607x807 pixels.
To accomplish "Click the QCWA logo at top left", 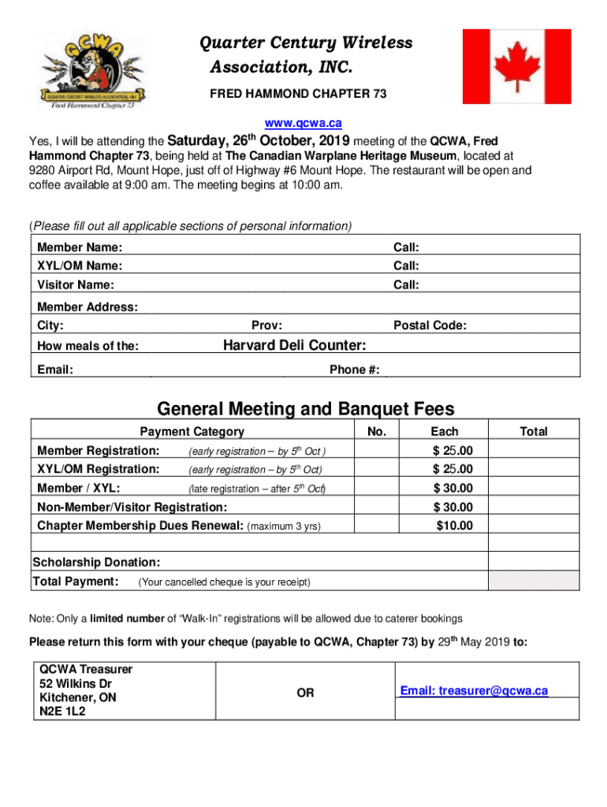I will [x=91, y=69].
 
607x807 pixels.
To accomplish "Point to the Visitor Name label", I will [x=76, y=284].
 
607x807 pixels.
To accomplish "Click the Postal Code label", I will [x=430, y=325].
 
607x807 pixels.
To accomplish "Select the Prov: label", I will [x=267, y=325].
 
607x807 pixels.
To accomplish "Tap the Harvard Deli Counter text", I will [x=294, y=345].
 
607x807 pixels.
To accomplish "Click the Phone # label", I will [x=354, y=370].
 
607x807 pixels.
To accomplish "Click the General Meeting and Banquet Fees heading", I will [x=306, y=409].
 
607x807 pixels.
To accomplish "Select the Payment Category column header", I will [x=192, y=431].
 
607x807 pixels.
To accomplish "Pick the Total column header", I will [x=533, y=431].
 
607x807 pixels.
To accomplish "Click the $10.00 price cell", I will [x=454, y=526].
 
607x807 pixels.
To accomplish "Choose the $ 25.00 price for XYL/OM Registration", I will [x=452, y=469].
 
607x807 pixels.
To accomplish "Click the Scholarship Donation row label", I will [x=97, y=562].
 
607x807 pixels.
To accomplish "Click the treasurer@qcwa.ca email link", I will [x=473, y=691].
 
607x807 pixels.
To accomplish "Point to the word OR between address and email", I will [x=304, y=693].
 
